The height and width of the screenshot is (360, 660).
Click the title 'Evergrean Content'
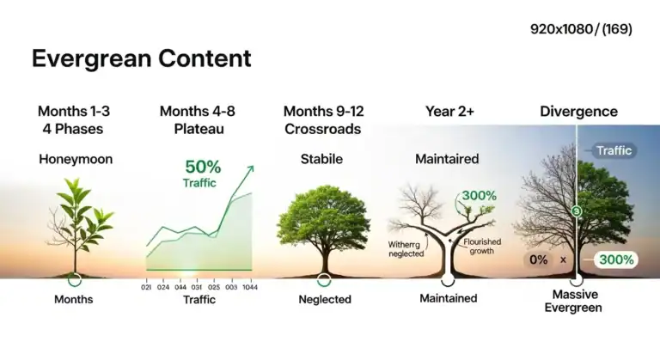141,58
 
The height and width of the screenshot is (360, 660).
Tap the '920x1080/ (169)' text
582,29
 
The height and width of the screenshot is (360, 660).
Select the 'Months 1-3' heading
74,112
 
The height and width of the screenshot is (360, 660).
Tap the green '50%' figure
204,168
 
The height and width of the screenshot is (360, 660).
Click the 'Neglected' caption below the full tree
324,300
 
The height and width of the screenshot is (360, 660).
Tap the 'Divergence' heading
578,112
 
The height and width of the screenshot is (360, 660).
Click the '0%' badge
540,259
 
